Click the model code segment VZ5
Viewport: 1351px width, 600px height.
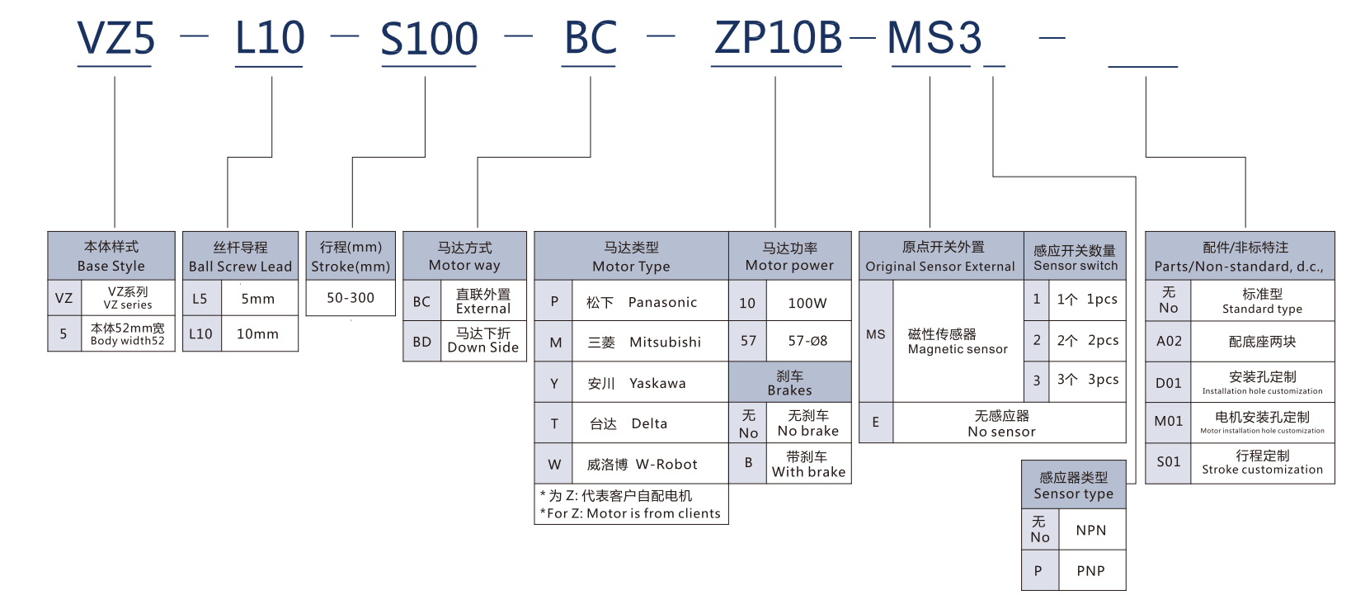click(115, 39)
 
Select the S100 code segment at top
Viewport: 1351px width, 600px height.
click(429, 39)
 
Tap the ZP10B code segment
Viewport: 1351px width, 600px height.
click(778, 39)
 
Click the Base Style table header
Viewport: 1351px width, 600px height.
click(111, 256)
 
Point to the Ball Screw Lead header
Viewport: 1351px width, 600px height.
click(240, 257)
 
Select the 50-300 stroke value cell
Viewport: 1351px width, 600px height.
click(351, 298)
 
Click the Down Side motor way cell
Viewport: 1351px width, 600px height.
click(483, 341)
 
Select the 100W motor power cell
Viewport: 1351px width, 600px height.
click(807, 303)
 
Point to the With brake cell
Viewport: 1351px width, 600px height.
click(808, 465)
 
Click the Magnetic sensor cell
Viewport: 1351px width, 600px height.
click(958, 342)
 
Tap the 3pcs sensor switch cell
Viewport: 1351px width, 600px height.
click(1088, 380)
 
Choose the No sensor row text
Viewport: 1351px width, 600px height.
click(1001, 424)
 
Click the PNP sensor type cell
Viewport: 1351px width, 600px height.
click(1090, 571)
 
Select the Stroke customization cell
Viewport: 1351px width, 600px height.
click(1262, 463)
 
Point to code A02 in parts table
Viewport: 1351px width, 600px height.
click(1169, 342)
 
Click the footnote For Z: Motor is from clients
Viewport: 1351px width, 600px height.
click(631, 513)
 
